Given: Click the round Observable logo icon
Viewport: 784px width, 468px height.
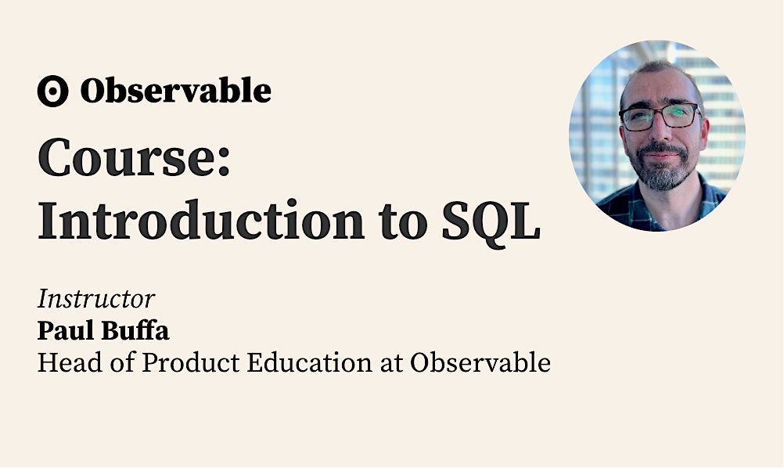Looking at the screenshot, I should [52, 92].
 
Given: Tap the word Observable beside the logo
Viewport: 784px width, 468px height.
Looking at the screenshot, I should [175, 92].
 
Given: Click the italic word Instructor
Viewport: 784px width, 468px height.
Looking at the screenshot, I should [95, 299].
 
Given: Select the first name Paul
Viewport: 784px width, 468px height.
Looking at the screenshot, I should [64, 331].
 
